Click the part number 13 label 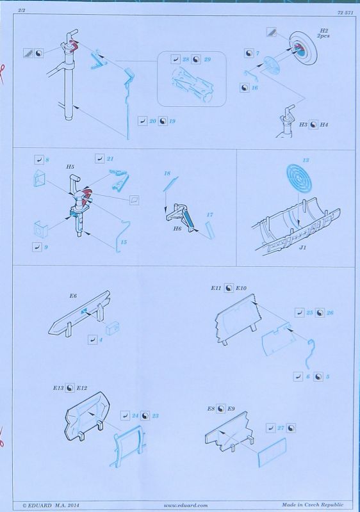[x=306, y=160]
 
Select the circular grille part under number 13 [x=299, y=178]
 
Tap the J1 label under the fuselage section [x=303, y=248]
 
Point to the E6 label [x=73, y=296]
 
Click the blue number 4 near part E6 [x=101, y=340]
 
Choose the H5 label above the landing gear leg [x=70, y=166]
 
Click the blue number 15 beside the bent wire [x=124, y=242]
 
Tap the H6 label [x=177, y=228]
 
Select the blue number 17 [x=209, y=214]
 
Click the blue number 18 [x=167, y=173]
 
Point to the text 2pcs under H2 [x=323, y=36]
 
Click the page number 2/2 [x=22, y=10]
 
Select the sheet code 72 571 [x=346, y=13]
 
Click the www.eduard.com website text [x=186, y=505]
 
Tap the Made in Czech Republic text [x=313, y=505]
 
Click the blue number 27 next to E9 [x=281, y=428]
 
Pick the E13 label [x=58, y=388]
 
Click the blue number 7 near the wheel [x=258, y=53]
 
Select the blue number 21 [x=110, y=159]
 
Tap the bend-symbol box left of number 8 [x=39, y=159]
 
